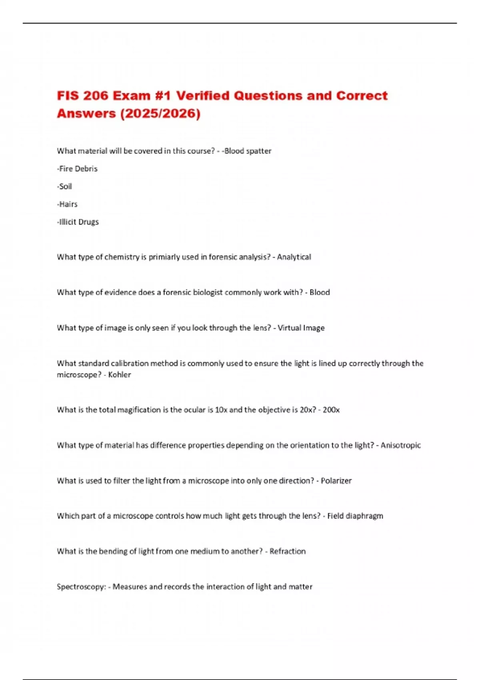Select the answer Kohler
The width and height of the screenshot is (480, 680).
[x=119, y=375]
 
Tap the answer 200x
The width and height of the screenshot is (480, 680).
[x=331, y=410]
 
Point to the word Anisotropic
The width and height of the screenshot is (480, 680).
[x=400, y=445]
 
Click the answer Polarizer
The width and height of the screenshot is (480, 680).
[x=336, y=480]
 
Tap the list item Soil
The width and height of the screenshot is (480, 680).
[x=65, y=186]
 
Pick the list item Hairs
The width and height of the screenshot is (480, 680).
[x=68, y=204]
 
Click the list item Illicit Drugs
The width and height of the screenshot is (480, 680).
[x=78, y=222]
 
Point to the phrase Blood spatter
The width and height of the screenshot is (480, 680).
[x=248, y=151]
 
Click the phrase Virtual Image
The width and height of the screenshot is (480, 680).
[x=301, y=328]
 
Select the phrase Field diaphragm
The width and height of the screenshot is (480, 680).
[x=355, y=516]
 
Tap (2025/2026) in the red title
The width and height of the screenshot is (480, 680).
[x=160, y=114]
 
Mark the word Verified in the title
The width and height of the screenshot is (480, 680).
[x=203, y=96]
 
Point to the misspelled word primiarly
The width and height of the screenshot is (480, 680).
[x=164, y=257]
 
